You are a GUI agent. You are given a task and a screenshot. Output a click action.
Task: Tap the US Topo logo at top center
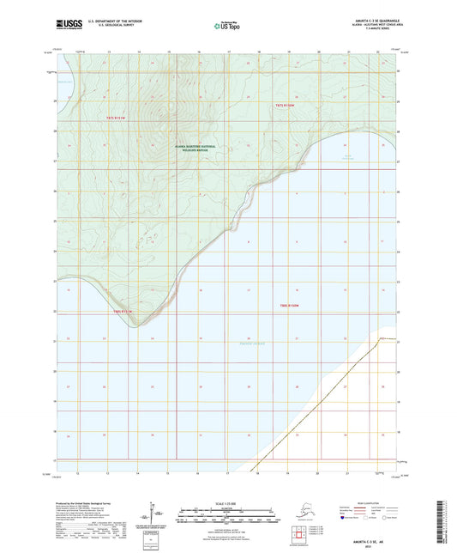[x=227, y=27]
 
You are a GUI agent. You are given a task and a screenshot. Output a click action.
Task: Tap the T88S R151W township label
[x=125, y=311]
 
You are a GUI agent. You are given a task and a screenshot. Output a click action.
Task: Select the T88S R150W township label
[x=288, y=305]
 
